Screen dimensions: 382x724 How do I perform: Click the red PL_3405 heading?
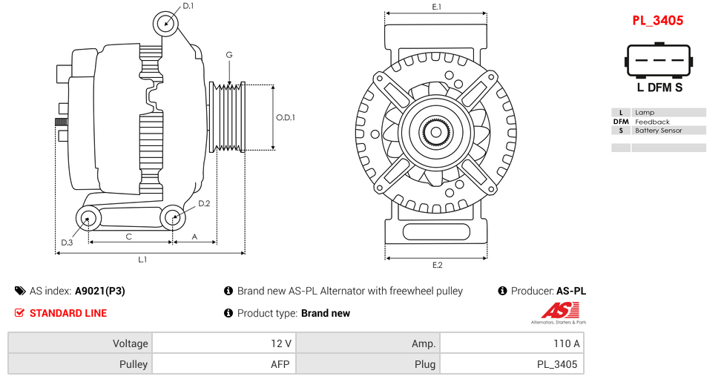pyautogui.click(x=657, y=20)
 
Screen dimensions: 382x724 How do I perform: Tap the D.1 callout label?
pyautogui.click(x=188, y=6)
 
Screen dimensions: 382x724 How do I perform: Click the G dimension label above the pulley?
pyautogui.click(x=229, y=55)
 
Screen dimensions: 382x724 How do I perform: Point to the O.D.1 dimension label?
pyautogui.click(x=286, y=117)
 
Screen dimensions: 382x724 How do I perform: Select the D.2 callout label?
pyautogui.click(x=204, y=203)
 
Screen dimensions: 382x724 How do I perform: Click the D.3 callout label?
pyautogui.click(x=67, y=242)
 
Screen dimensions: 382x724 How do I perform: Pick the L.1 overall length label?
pyautogui.click(x=142, y=259)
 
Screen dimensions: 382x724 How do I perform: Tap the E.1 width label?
pyautogui.click(x=437, y=7)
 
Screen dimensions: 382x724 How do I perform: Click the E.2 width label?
pyautogui.click(x=437, y=265)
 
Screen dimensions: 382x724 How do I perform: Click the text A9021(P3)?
pyautogui.click(x=99, y=291)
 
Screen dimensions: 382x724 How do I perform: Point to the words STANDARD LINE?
pyautogui.click(x=68, y=313)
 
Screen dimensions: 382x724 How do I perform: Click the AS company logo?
pyautogui.click(x=558, y=312)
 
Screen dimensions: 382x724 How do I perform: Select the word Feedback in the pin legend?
pyautogui.click(x=652, y=122)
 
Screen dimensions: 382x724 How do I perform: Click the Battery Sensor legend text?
pyautogui.click(x=658, y=131)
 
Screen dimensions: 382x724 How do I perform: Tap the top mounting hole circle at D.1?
pyautogui.click(x=166, y=24)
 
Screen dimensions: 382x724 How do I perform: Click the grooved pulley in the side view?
pyautogui.click(x=228, y=117)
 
